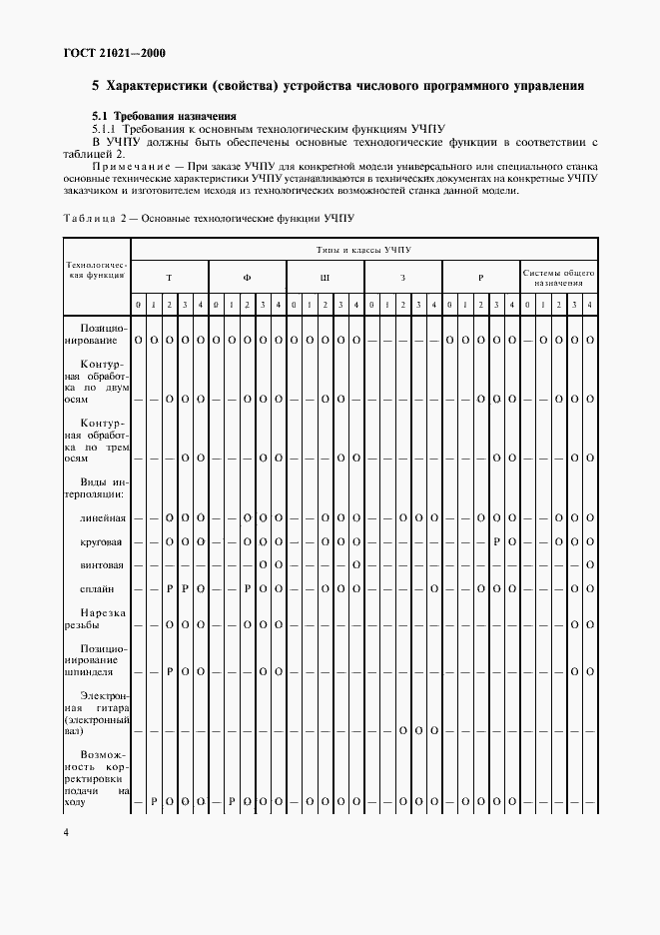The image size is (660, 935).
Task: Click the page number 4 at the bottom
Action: [67, 832]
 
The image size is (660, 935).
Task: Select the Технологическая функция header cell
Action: [97, 270]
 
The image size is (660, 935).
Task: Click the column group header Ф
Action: [247, 277]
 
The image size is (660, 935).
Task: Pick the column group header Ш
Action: [325, 277]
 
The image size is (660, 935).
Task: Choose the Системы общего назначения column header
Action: [558, 277]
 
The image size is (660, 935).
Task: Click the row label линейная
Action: [104, 518]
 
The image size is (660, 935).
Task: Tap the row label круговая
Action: [104, 541]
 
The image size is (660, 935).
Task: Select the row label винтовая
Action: [104, 564]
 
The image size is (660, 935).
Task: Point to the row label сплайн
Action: [108, 588]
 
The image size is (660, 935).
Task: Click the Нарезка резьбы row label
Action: [97, 617]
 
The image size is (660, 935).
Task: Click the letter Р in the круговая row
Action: [495, 541]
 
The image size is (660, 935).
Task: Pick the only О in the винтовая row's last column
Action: [590, 565]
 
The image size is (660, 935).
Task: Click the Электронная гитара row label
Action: [97, 710]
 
